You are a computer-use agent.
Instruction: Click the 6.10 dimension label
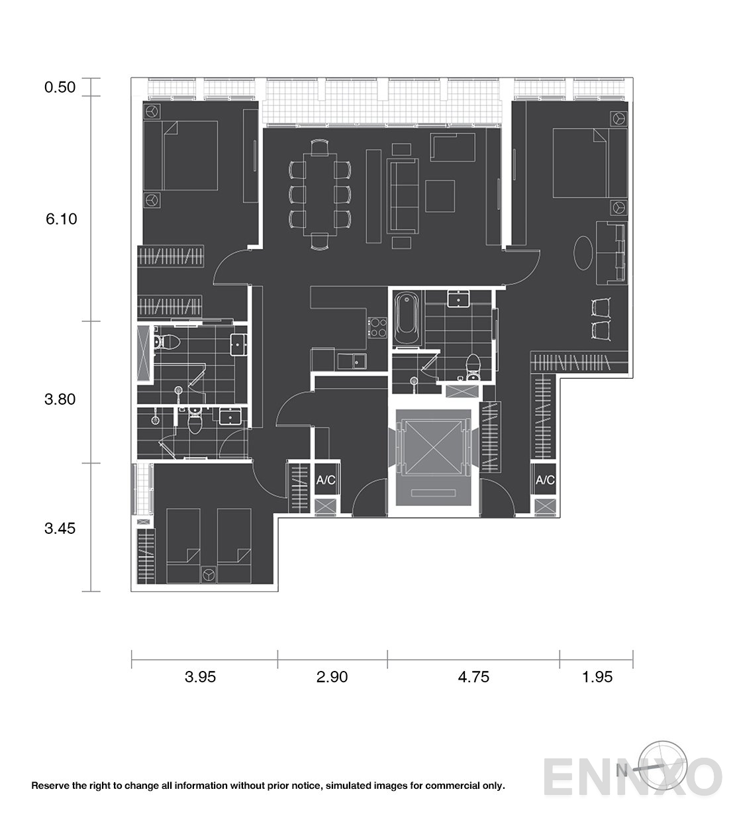tap(61, 219)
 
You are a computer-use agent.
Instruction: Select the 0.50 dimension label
tap(60, 87)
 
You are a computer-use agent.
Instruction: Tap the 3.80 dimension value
tap(60, 399)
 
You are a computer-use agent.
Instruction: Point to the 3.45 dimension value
tap(60, 529)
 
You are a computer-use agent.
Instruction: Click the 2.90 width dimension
tap(332, 677)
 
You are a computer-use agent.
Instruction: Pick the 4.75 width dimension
tap(473, 677)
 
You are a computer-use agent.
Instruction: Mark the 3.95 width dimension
tap(201, 677)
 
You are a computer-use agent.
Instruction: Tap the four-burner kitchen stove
tap(377, 326)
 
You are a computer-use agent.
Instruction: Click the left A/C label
tap(325, 480)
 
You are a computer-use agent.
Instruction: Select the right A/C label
tap(545, 480)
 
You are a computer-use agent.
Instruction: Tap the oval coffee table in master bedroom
tap(584, 253)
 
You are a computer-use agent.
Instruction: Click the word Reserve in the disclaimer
tap(52, 786)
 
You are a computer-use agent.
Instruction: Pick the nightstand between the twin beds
tap(208, 574)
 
